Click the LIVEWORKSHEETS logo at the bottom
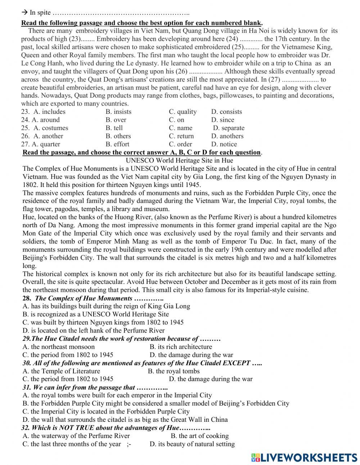304,457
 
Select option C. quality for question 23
183,112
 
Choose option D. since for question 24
222,120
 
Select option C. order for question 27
180,144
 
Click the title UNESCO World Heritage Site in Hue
179,160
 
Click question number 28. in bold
27,298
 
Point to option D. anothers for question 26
227,136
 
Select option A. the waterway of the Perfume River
76,436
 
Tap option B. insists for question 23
118,112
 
